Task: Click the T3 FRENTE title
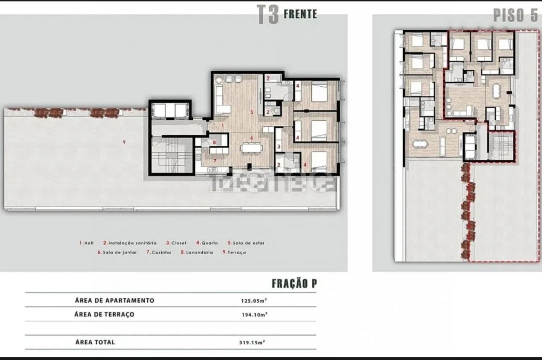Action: click(287, 15)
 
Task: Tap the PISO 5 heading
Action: click(515, 15)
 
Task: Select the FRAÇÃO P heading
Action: click(294, 284)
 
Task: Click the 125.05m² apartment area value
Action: click(253, 301)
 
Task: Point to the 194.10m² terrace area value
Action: click(253, 315)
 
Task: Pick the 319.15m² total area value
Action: click(252, 343)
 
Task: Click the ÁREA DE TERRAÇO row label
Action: click(104, 315)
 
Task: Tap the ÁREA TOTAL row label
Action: click(95, 342)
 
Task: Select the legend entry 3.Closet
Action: click(176, 243)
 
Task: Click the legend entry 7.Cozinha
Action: click(158, 253)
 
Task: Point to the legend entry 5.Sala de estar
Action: click(246, 243)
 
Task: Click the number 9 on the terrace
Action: click(123, 143)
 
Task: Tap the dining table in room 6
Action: click(248, 148)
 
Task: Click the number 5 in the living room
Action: click(252, 112)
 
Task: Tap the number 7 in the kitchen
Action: click(215, 161)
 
